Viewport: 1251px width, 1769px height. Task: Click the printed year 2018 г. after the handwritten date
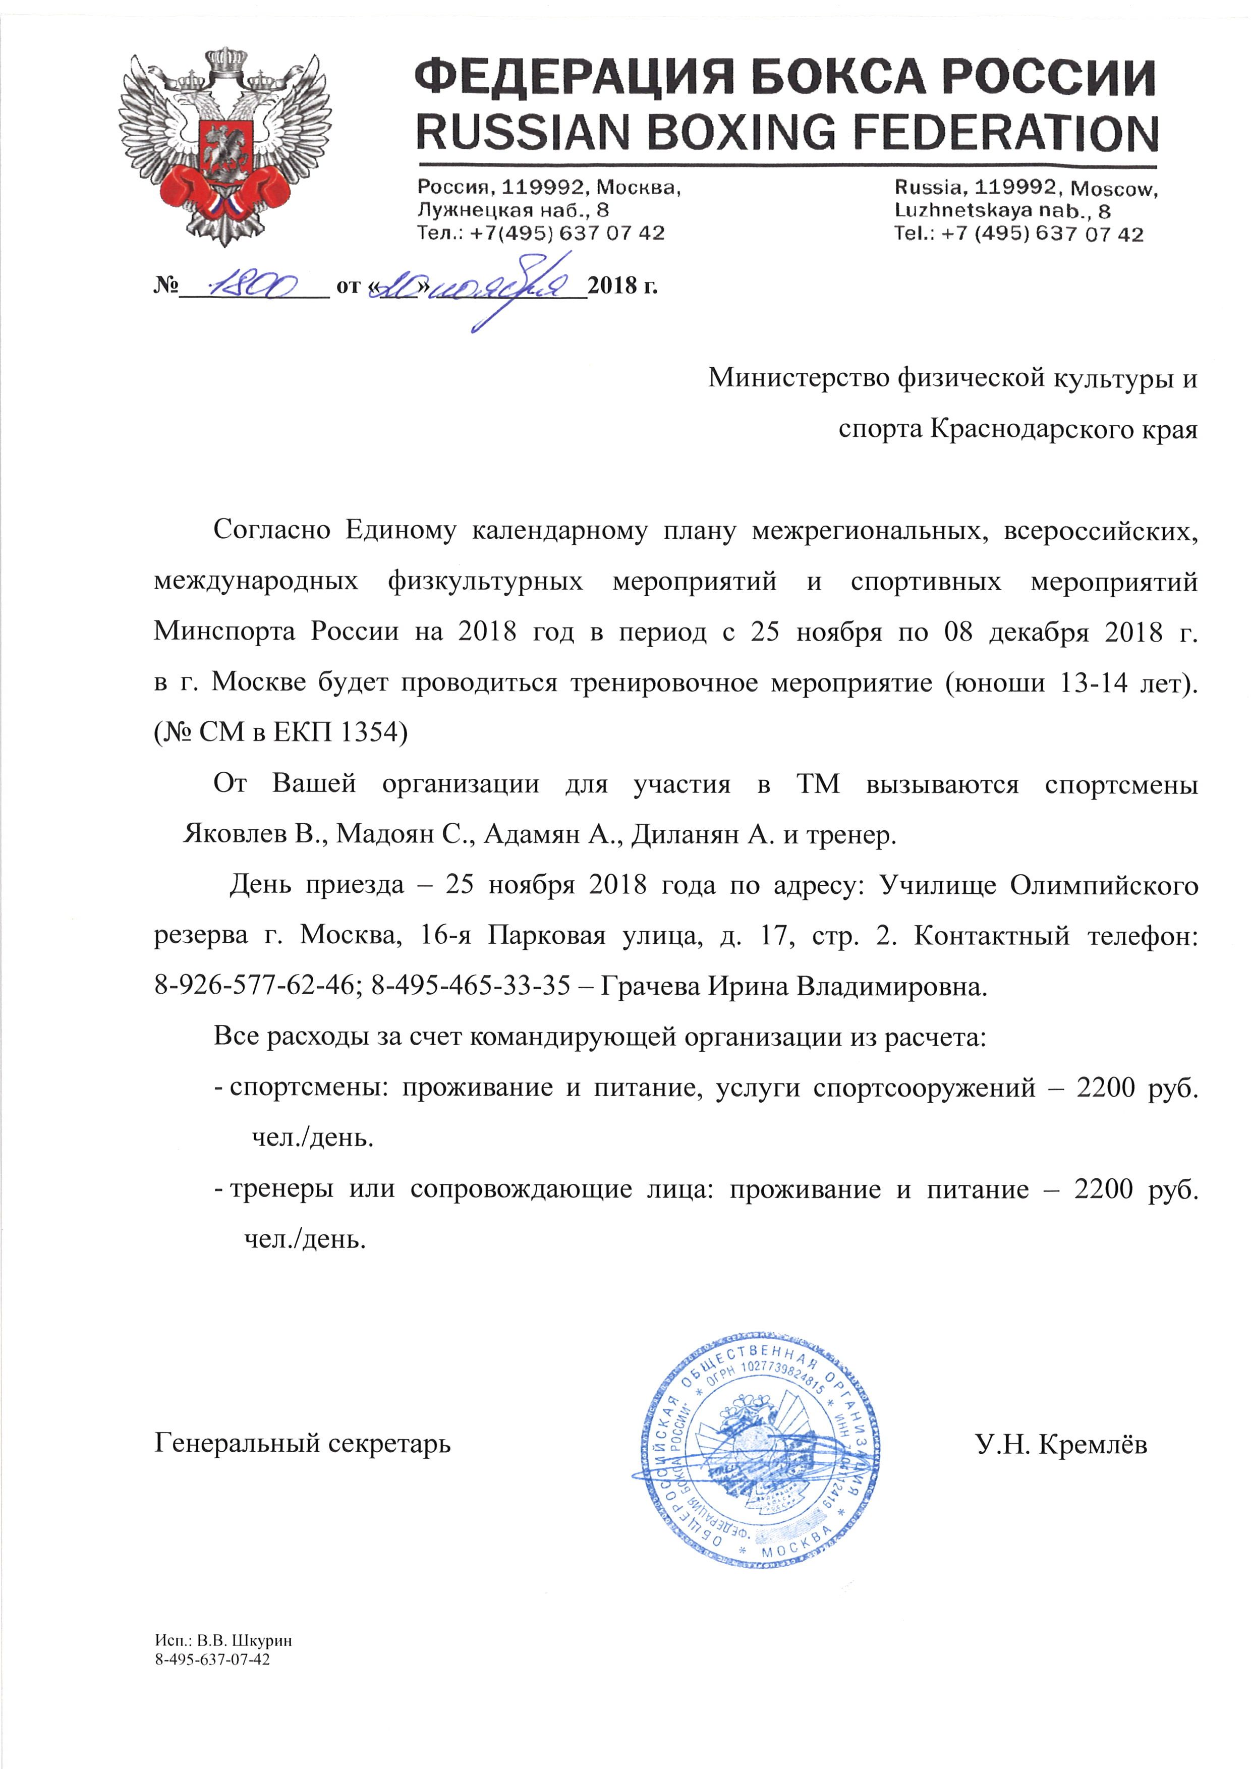(622, 286)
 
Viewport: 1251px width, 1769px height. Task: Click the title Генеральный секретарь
(303, 1442)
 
